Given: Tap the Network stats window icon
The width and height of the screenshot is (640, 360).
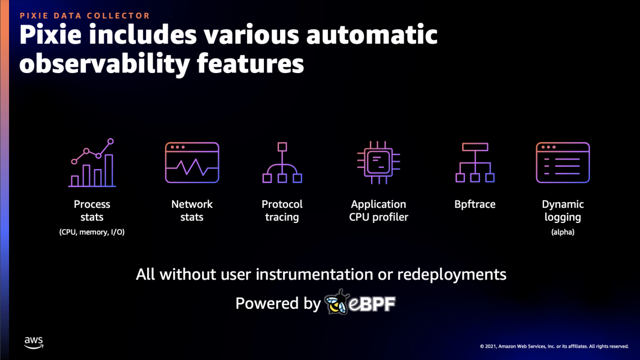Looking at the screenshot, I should pos(192,163).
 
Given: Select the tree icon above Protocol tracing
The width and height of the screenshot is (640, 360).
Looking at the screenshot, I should pos(282,163).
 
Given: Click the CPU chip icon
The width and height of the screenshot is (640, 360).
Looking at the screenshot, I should pos(378,163).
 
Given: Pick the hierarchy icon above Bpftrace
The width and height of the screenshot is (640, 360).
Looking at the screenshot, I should pos(475,163).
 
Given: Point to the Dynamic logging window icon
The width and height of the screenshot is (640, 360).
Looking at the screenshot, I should pos(563,163).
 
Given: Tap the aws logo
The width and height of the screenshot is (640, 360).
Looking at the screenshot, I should pos(34,342).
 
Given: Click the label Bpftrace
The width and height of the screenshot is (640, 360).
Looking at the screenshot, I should pos(475,204).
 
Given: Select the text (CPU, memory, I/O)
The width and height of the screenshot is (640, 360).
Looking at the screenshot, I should pos(92,232).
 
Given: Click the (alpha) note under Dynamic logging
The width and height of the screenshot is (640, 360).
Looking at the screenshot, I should pos(563,232).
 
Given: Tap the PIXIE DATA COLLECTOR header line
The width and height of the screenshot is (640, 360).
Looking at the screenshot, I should pos(85,16).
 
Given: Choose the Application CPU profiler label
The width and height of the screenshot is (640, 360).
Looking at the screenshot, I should pos(378,211).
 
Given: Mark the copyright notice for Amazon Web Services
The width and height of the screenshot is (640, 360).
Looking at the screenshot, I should pos(554,346).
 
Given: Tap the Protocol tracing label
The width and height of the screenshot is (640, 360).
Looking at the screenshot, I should pos(282,211).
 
